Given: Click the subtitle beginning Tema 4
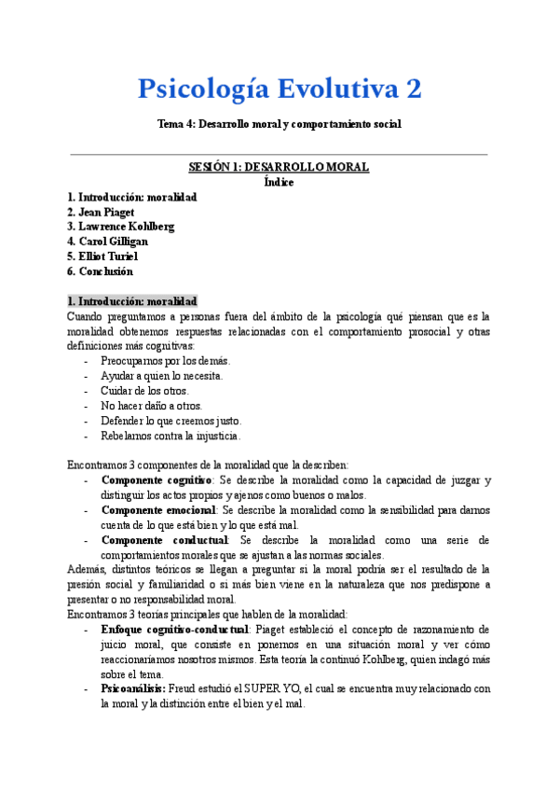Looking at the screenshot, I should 279,123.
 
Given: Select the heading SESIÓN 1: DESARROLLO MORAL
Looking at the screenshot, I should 279,167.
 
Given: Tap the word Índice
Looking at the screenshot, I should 279,182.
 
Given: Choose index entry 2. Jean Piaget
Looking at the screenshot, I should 102,212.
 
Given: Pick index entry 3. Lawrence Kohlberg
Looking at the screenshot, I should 121,227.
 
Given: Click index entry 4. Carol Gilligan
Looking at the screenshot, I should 107,242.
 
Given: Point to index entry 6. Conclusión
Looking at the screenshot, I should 100,271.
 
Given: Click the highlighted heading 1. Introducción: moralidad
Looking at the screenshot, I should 131,301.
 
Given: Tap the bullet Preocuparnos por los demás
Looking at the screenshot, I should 165,360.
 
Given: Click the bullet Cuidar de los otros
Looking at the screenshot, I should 143,390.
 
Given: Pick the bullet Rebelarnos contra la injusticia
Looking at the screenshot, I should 170,435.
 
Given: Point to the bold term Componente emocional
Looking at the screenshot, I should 158,510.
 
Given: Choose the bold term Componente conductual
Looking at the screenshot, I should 164,540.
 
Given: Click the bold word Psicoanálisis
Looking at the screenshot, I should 133,689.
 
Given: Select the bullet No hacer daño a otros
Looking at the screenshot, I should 151,405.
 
